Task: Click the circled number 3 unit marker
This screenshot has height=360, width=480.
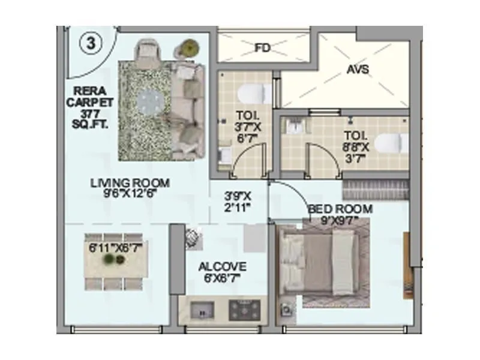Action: pyautogui.click(x=91, y=43)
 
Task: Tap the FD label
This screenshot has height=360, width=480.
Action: pyautogui.click(x=262, y=47)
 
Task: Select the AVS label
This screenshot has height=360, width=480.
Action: pyautogui.click(x=358, y=69)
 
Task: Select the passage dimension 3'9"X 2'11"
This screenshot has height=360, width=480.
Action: pyautogui.click(x=237, y=200)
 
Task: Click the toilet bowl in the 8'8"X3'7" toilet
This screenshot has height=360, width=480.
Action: pyautogui.click(x=392, y=143)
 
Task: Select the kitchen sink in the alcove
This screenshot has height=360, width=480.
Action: pyautogui.click(x=202, y=310)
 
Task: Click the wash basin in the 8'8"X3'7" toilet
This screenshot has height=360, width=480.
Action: pyautogui.click(x=295, y=126)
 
